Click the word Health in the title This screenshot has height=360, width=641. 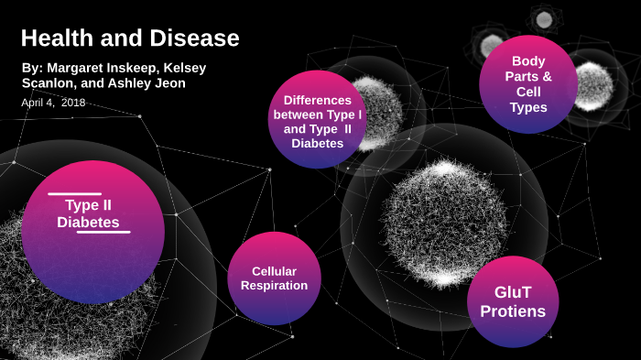(53, 38)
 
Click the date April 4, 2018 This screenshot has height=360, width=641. (53, 102)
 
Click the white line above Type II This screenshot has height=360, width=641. (74, 194)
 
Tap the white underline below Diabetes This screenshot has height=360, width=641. (103, 232)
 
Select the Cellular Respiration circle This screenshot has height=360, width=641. (274, 278)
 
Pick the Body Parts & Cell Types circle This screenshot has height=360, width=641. (528, 84)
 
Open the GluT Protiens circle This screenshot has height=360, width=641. (513, 301)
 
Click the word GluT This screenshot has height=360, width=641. (513, 292)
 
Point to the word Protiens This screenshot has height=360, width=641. (513, 311)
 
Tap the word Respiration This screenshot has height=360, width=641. (274, 285)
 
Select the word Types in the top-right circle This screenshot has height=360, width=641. (528, 108)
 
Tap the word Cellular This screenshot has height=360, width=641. (274, 271)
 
